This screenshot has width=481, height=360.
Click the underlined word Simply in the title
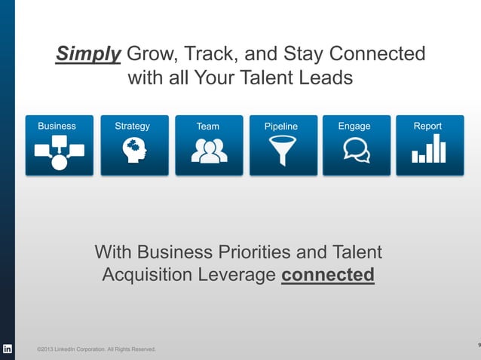(x=88, y=55)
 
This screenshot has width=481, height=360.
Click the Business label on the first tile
(x=57, y=126)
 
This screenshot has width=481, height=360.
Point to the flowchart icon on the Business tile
(x=59, y=152)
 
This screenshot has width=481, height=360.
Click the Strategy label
(x=132, y=126)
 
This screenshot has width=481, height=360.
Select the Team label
(x=208, y=127)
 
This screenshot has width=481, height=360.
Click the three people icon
(x=209, y=152)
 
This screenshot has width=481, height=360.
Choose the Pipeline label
(x=281, y=127)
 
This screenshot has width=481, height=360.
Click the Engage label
(x=354, y=126)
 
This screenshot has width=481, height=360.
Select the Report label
(x=427, y=126)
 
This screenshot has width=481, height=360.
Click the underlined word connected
(x=327, y=275)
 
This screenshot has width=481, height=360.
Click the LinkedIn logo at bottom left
(x=8, y=349)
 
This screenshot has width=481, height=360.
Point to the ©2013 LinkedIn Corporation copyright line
(x=97, y=349)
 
